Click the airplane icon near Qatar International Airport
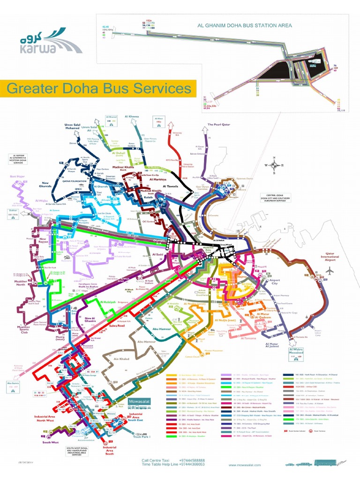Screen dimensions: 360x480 [x=330, y=271]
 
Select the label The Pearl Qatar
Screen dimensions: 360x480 [x=219, y=125]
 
